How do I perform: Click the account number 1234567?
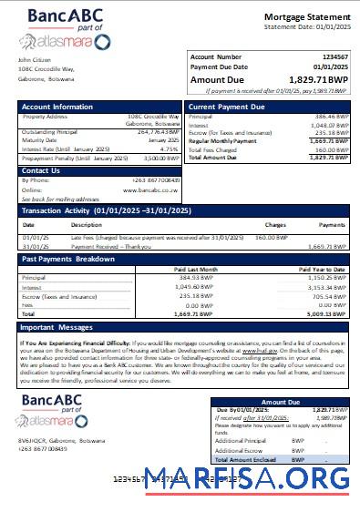click(x=334, y=56)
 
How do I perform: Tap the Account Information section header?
click(x=57, y=108)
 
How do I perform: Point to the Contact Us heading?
click(x=41, y=170)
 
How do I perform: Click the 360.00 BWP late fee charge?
click(x=271, y=237)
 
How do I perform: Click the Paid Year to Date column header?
click(x=323, y=269)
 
